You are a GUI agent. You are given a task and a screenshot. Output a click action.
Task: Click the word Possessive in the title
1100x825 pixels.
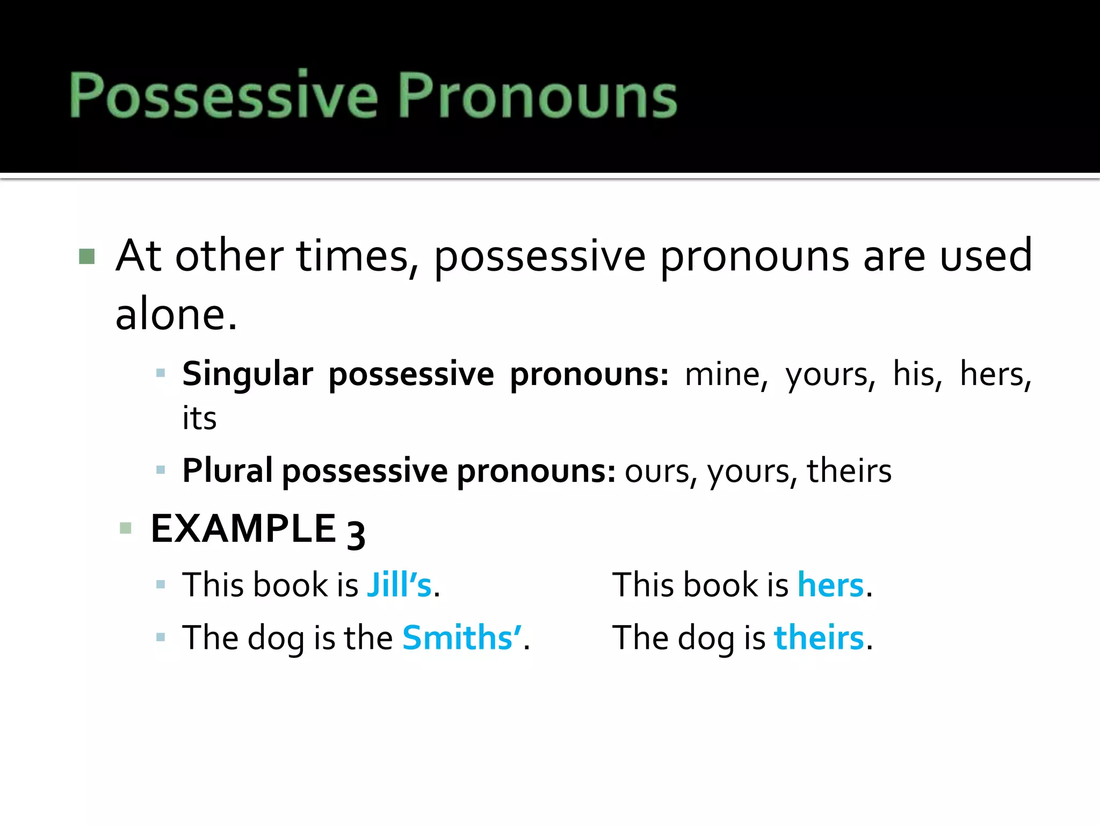224,95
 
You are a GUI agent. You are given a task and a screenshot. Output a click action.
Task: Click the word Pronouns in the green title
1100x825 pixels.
537,95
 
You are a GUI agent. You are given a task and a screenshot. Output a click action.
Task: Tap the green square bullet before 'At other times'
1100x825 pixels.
86,257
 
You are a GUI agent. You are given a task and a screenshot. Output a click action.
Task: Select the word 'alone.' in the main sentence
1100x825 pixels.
176,315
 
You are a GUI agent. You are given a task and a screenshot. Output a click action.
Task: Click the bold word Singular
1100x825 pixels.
248,374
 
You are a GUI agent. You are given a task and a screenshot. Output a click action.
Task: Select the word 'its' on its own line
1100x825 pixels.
199,418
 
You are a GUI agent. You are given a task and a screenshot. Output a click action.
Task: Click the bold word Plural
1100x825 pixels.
228,471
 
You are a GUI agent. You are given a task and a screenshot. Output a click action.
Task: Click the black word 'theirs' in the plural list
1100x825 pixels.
849,471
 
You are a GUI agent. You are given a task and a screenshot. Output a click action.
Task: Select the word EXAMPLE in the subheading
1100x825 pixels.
243,529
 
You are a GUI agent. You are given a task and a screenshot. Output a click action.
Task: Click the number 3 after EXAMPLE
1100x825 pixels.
356,534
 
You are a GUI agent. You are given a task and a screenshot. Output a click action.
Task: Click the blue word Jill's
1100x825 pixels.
400,585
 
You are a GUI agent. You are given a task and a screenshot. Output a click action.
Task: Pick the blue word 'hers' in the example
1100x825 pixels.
831,585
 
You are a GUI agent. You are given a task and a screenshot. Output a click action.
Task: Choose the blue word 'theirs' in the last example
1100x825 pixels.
819,638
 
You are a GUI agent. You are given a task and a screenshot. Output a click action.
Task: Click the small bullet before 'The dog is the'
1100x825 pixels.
160,638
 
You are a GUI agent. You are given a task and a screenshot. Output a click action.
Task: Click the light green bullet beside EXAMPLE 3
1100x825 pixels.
126,528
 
